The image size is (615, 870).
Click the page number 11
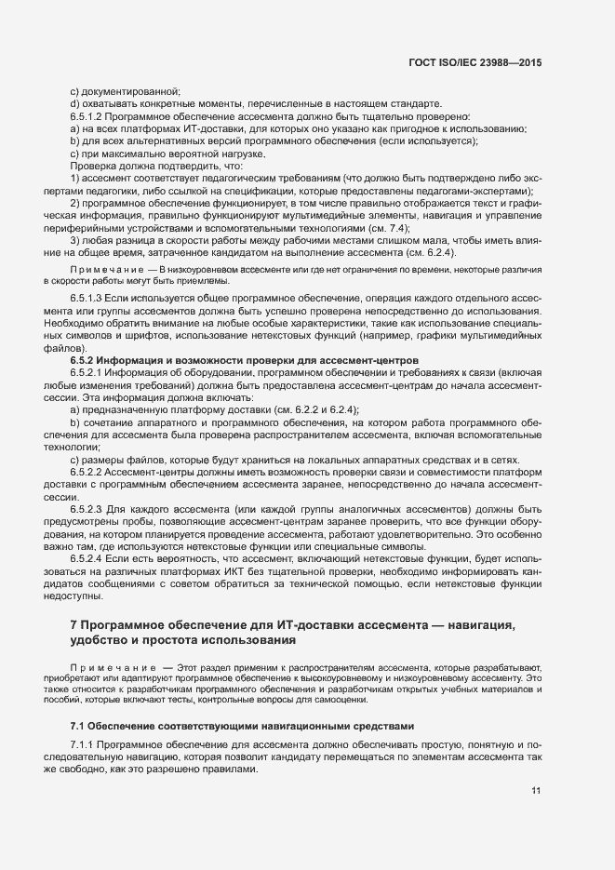pos(536,792)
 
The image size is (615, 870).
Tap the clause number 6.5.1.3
pos(88,298)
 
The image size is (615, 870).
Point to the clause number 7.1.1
pos(82,746)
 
